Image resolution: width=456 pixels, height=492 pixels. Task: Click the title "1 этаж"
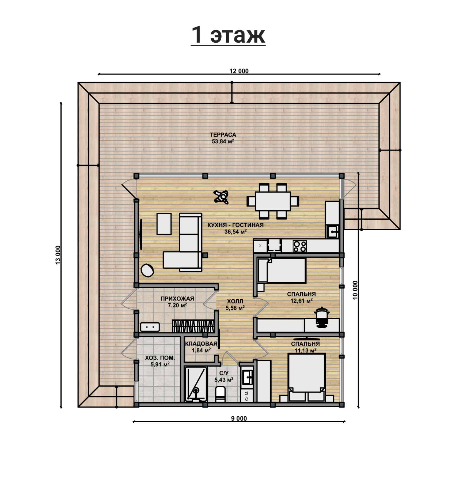(x=228, y=35)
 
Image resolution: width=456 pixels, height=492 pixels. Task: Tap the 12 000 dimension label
(x=239, y=71)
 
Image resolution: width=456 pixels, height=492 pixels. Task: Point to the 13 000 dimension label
(x=58, y=255)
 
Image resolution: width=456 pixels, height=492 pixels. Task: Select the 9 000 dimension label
(x=239, y=418)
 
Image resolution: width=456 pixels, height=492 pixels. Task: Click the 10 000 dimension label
(x=355, y=290)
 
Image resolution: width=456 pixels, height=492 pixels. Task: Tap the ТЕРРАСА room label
(x=223, y=135)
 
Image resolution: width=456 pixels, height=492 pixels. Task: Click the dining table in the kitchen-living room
(x=273, y=201)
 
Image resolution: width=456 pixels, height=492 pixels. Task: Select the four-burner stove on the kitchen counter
(x=299, y=246)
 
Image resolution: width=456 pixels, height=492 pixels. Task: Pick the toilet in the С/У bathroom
(x=220, y=394)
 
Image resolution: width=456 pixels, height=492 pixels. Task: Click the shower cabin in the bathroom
(x=196, y=384)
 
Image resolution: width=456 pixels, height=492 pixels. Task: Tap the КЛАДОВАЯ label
(x=201, y=344)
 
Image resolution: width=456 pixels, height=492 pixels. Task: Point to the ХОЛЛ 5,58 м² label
(x=235, y=305)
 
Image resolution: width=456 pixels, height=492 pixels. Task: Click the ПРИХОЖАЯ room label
(x=177, y=299)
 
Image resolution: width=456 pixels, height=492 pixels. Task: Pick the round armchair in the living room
(x=147, y=270)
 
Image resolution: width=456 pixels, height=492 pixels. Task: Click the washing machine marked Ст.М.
(x=247, y=396)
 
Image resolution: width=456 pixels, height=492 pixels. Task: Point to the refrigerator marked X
(x=260, y=246)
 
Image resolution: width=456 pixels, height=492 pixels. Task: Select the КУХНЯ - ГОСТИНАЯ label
(x=235, y=225)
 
